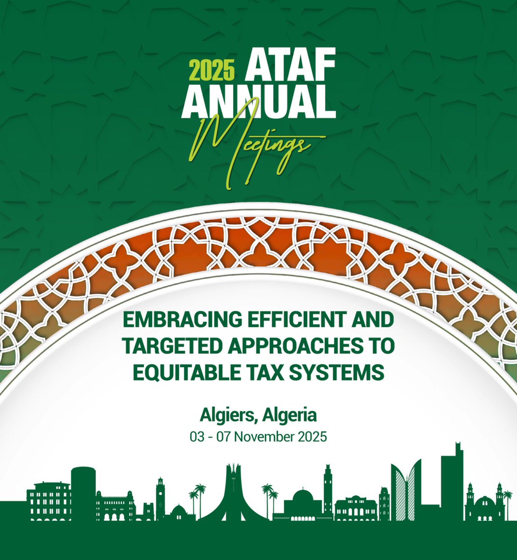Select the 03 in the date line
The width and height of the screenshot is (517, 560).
point(195,438)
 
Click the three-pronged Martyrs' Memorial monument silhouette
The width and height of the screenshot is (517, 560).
point(232,490)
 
